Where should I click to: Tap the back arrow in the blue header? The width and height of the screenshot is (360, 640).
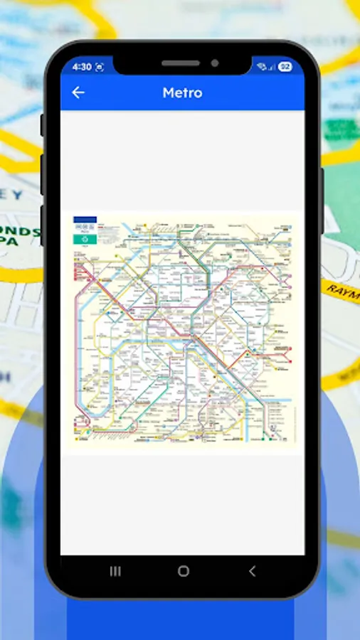click(78, 92)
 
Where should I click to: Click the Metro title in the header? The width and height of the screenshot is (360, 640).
click(182, 92)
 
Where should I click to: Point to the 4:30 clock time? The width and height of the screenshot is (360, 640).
click(82, 67)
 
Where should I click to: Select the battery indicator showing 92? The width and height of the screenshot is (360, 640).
click(285, 67)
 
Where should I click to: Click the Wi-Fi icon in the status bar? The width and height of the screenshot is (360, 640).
click(261, 67)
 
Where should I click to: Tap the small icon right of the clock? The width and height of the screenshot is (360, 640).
click(100, 67)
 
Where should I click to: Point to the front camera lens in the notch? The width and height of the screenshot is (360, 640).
click(214, 63)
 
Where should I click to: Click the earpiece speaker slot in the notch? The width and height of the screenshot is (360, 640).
click(180, 63)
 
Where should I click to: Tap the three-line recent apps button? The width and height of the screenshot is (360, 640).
click(115, 571)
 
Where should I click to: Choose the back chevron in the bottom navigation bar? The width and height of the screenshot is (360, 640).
click(251, 571)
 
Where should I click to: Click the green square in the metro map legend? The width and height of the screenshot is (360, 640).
click(85, 240)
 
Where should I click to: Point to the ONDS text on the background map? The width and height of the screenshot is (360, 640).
click(21, 233)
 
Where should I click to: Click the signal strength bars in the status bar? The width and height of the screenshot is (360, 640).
click(272, 68)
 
